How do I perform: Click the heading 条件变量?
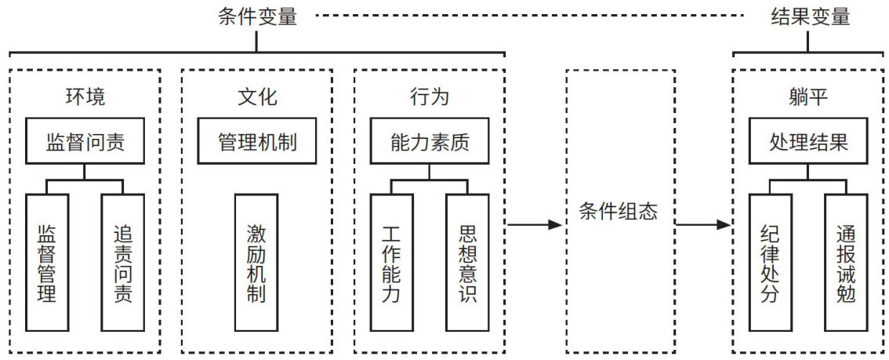257,16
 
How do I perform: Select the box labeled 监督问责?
85,142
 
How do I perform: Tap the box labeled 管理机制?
257,142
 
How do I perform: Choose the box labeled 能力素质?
430,142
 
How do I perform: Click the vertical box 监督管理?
47,263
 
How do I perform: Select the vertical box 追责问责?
122,263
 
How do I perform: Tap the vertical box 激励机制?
256,263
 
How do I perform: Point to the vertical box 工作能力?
392,263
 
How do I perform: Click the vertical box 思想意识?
467,263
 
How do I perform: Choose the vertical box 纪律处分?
771,263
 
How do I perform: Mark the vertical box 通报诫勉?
846,263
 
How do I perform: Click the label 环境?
85,96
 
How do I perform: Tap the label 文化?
257,96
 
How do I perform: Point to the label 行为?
430,96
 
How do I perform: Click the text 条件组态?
619,212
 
